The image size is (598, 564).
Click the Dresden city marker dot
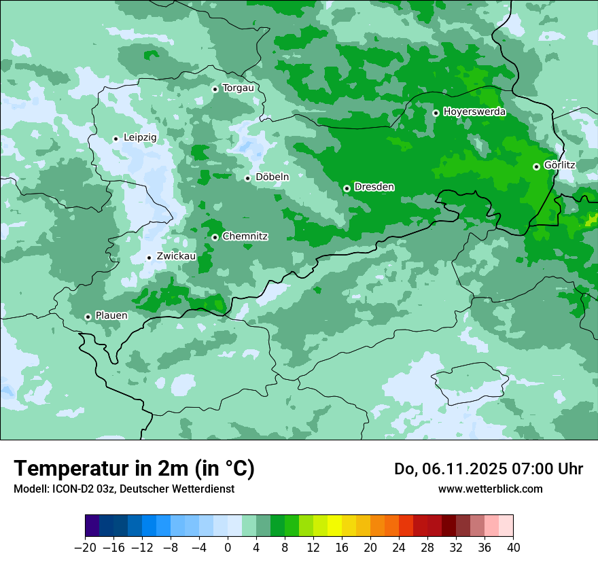347,188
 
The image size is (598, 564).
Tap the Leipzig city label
140,138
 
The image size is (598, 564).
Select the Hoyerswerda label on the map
474,112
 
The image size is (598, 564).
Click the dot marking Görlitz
536,166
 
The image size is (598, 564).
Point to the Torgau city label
238,88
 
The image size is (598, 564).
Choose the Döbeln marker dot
247,178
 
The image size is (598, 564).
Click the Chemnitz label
245,236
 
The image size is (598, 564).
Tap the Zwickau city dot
149,258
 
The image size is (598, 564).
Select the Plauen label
111,316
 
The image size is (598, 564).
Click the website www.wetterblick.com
490,489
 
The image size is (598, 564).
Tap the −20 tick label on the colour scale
85,547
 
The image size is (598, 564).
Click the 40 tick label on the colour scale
513,547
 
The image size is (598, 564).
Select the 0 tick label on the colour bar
228,547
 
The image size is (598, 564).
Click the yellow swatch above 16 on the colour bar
334,526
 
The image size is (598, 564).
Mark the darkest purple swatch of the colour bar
92,526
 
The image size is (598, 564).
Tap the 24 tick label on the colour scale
399,547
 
